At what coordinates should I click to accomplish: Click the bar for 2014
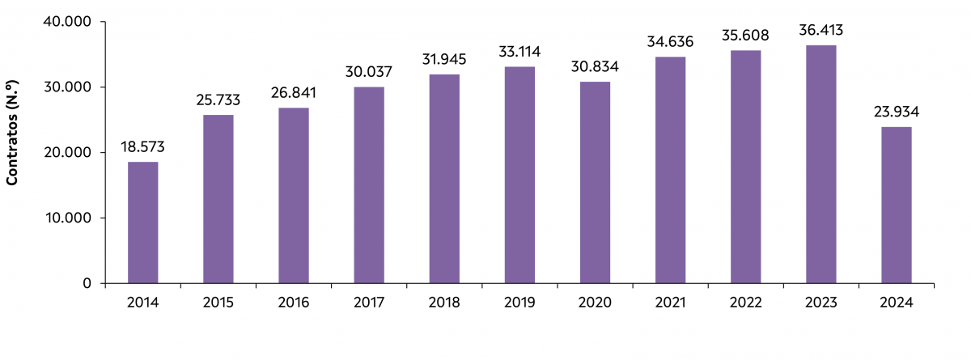click(142, 222)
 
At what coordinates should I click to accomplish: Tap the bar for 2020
click(596, 182)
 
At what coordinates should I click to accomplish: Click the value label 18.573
click(142, 147)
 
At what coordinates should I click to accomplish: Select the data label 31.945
click(444, 60)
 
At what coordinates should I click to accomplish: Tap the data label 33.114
click(519, 52)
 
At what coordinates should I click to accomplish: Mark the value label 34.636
click(670, 42)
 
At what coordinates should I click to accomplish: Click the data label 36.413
click(821, 31)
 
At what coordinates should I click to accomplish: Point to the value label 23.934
click(897, 112)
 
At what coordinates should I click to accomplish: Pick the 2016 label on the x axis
click(294, 303)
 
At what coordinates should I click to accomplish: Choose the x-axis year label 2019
click(519, 303)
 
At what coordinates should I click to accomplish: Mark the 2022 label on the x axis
click(746, 303)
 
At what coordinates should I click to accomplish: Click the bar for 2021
click(670, 170)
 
